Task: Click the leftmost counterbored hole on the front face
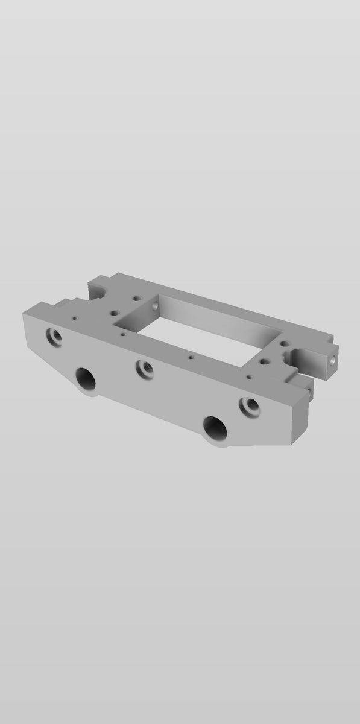coord(53,336)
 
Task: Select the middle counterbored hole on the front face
coord(144,369)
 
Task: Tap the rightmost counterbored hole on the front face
coord(248,407)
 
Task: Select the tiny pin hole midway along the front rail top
coord(191,357)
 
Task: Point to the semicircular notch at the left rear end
coord(100,291)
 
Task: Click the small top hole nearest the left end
coord(74,317)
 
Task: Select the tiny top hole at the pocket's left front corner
coord(123,333)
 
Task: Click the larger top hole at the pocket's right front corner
coord(264,363)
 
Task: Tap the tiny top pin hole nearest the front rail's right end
coord(249,376)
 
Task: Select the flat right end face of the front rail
coord(300,416)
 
